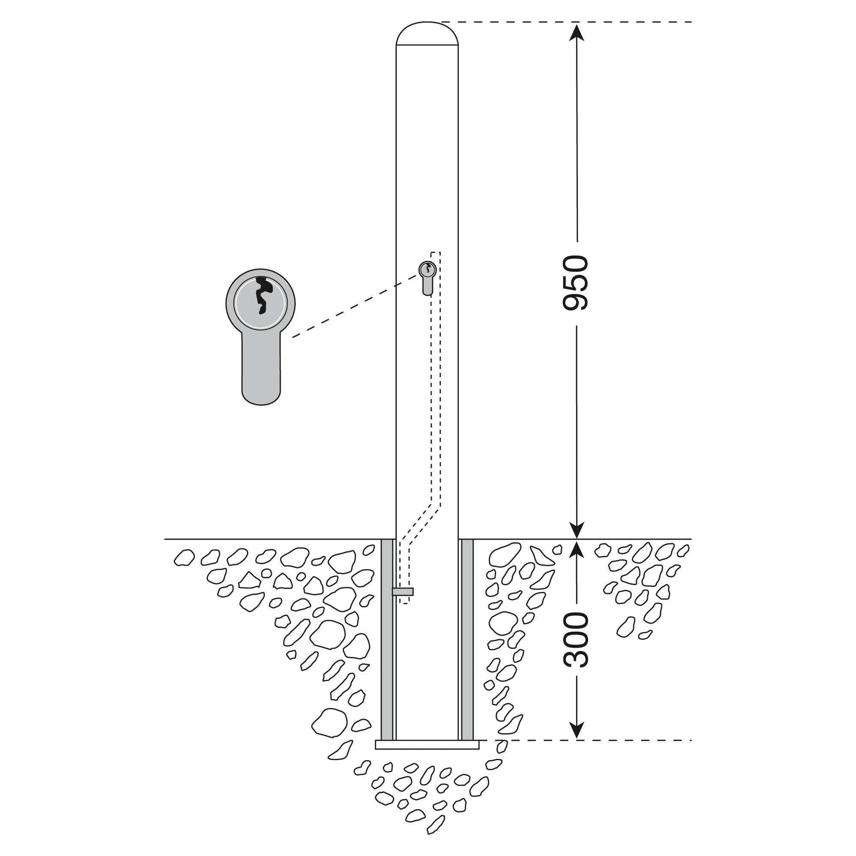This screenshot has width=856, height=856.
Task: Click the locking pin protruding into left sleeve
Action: tap(402, 592)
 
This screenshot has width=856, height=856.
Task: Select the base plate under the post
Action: tap(427, 744)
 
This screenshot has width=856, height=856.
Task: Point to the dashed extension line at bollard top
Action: tap(567, 22)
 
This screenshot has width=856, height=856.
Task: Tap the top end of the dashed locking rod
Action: tap(436, 252)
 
